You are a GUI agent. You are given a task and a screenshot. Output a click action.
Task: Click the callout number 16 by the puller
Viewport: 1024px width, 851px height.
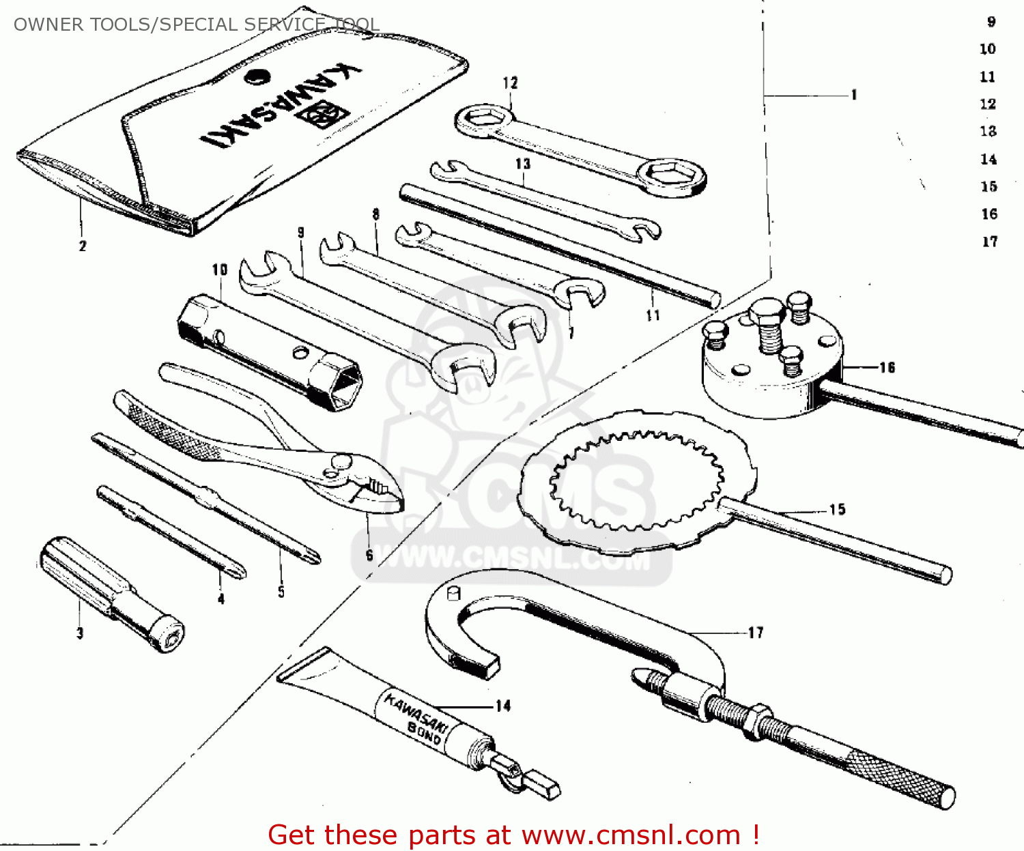coord(886,368)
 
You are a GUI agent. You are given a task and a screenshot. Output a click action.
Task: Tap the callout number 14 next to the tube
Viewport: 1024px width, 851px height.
coord(503,706)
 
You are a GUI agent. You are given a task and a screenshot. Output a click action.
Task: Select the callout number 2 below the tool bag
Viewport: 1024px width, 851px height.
coord(83,246)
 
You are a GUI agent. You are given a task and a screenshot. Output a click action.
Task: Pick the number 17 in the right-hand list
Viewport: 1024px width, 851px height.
coord(990,242)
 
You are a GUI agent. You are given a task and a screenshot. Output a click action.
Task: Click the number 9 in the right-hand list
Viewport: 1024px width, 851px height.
coord(991,22)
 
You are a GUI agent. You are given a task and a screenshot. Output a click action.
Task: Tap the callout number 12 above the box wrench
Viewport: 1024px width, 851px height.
coord(510,83)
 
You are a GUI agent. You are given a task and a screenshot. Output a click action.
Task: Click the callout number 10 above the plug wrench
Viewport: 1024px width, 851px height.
coord(219,270)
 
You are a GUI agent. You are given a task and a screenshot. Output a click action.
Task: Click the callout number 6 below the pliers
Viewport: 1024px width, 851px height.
coord(369,555)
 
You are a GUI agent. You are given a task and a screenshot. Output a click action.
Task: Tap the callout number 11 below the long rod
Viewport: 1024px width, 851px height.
coord(653,315)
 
